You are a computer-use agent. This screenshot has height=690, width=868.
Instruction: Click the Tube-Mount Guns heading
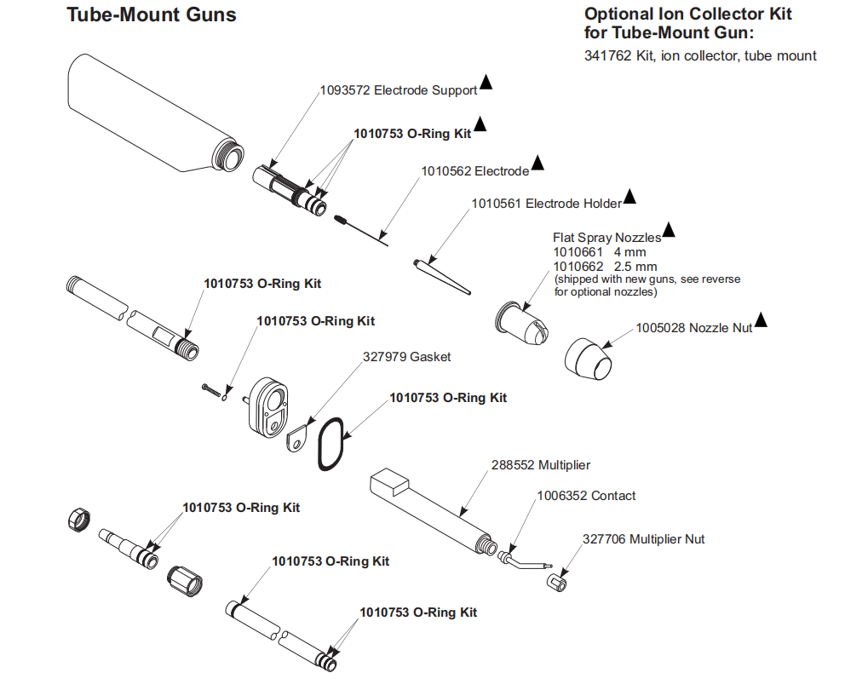pos(151,15)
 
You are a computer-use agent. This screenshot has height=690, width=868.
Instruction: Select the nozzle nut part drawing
pos(589,359)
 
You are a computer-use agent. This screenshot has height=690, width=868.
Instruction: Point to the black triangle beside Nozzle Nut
pos(762,320)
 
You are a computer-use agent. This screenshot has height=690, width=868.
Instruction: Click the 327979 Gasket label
pos(407,357)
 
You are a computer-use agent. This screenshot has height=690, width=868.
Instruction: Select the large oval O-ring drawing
pos(331,444)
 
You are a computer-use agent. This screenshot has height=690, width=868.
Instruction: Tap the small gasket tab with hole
pos(296,438)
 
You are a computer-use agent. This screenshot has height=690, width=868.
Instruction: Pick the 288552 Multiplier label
pos(541,465)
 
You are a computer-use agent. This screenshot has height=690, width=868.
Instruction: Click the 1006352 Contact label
pos(586,496)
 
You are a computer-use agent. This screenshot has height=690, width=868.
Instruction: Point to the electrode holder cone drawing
pos(442,276)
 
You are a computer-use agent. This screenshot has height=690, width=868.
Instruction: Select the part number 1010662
pos(578,267)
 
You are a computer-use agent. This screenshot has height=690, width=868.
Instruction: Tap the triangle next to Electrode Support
pos(486,82)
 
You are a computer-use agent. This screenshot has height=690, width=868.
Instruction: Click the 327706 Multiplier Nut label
pos(643,539)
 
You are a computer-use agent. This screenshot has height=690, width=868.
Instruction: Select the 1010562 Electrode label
pos(475,171)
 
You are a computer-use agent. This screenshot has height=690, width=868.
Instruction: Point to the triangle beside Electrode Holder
pos(629,197)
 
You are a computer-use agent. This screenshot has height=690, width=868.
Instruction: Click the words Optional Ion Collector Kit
pos(688,14)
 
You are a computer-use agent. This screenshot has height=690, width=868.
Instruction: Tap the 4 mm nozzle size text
pos(630,252)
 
